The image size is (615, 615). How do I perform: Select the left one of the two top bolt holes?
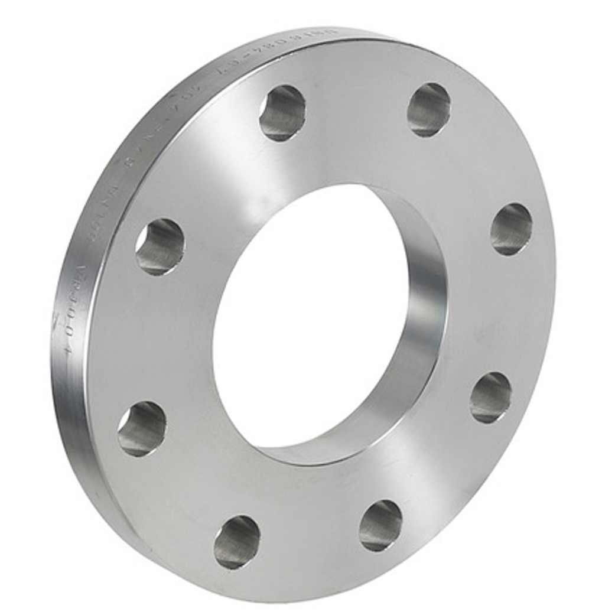282,113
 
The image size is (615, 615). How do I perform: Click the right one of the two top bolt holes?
429,109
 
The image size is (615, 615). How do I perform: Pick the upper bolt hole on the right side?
511,229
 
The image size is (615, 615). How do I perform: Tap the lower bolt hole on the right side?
490,398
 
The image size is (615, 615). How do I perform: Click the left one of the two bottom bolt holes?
237,542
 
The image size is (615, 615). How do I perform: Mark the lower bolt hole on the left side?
142,428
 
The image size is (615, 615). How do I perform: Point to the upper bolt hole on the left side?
160,246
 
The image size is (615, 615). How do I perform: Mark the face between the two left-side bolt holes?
148,337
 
